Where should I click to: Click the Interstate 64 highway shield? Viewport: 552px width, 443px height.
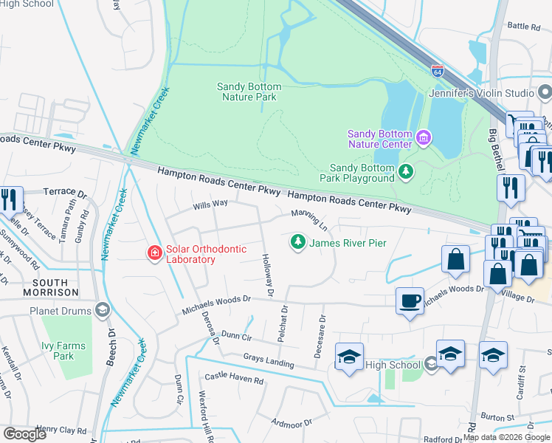click(x=438, y=72)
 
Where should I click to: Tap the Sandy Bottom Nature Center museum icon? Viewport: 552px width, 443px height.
click(x=424, y=137)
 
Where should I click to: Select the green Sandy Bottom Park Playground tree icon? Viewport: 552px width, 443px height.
click(x=405, y=172)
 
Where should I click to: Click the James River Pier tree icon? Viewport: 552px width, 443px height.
click(x=297, y=242)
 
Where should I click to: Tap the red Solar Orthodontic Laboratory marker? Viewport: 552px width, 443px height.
click(x=154, y=254)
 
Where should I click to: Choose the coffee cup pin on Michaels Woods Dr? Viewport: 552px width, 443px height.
click(x=410, y=301)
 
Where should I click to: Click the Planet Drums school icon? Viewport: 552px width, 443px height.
click(x=103, y=311)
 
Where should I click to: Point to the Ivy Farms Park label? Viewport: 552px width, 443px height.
click(x=63, y=351)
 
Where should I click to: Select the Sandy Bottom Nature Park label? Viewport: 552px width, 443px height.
click(x=249, y=92)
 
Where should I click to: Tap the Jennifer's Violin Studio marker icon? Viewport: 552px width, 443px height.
click(x=545, y=93)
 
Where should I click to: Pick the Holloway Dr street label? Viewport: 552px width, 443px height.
click(x=267, y=277)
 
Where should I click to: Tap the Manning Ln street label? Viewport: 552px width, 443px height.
click(x=309, y=217)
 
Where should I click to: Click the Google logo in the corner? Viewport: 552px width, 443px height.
click(x=25, y=434)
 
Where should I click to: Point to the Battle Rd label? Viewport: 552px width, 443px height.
click(x=524, y=26)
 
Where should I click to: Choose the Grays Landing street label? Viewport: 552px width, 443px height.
click(x=269, y=361)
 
